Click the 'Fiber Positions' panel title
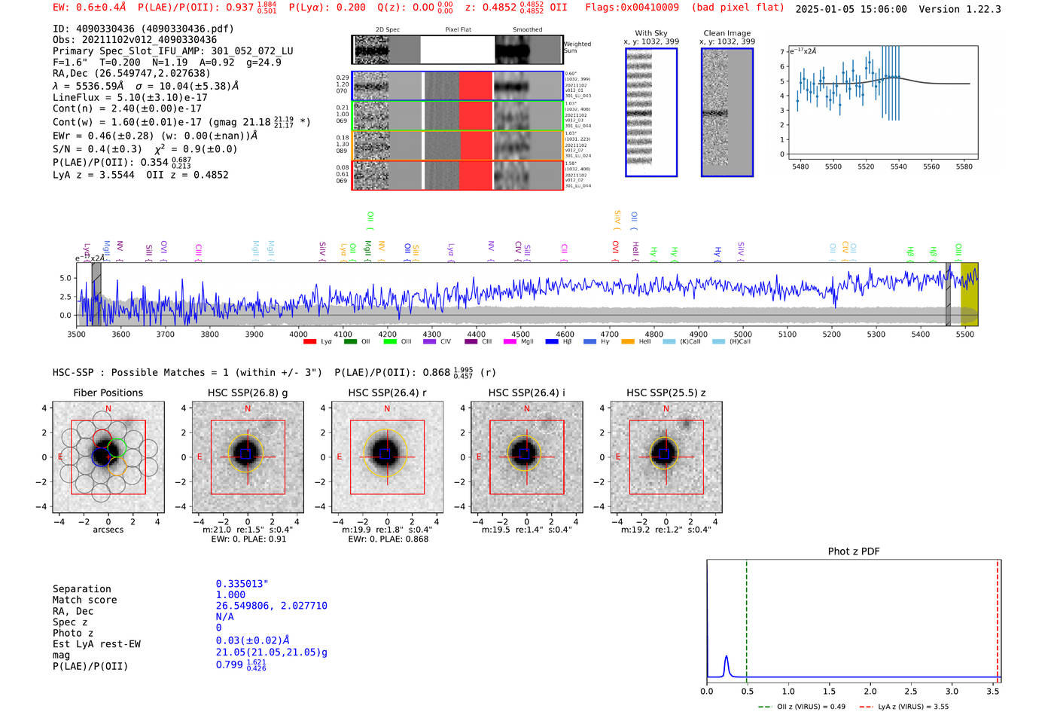pyautogui.click(x=108, y=393)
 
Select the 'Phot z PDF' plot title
pyautogui.click(x=854, y=551)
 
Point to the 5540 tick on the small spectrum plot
pyautogui.click(x=899, y=167)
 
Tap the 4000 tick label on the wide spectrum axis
pyautogui.click(x=298, y=335)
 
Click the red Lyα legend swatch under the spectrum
pyautogui.click(x=309, y=342)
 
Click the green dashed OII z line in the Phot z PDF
pyautogui.click(x=746, y=618)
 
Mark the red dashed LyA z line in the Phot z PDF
pyautogui.click(x=998, y=618)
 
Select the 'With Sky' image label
pyautogui.click(x=650, y=33)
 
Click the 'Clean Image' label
pyautogui.click(x=727, y=33)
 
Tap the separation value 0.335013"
pyautogui.click(x=242, y=584)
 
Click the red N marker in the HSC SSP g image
pyautogui.click(x=248, y=408)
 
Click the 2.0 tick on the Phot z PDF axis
pyautogui.click(x=870, y=691)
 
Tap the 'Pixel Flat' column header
pyautogui.click(x=458, y=29)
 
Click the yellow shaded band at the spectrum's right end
pyautogui.click(x=969, y=294)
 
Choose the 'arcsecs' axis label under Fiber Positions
pyautogui.click(x=108, y=530)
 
